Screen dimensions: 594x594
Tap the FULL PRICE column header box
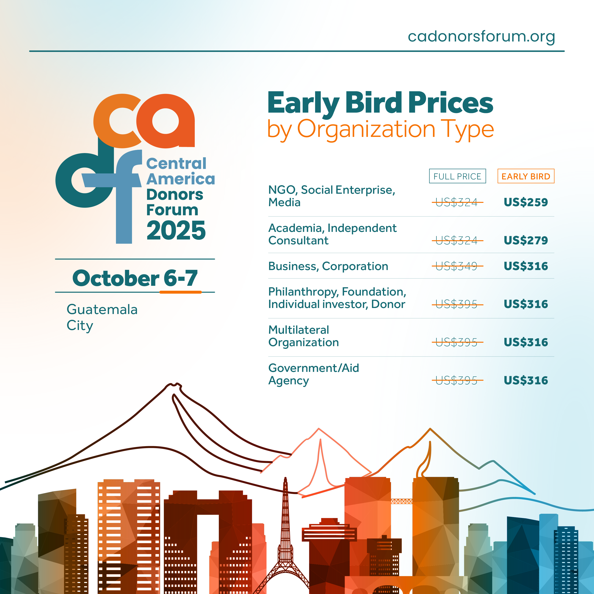pyautogui.click(x=458, y=176)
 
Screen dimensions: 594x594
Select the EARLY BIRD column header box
pyautogui.click(x=526, y=176)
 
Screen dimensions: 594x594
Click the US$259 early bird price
pyautogui.click(x=526, y=202)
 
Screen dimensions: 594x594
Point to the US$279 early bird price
pyautogui.click(x=526, y=240)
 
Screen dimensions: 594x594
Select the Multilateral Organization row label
pyautogui.click(x=303, y=336)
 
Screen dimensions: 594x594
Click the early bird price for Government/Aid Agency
pyautogui.click(x=526, y=380)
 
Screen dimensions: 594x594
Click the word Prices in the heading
pyautogui.click(x=451, y=103)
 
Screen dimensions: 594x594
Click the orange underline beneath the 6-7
pyautogui.click(x=180, y=292)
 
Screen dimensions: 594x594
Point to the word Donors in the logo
pyautogui.click(x=175, y=195)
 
